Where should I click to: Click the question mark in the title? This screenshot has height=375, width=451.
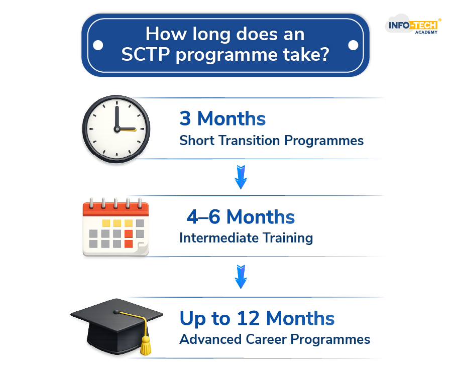[324, 54]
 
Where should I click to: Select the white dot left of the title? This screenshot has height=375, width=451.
[98, 45]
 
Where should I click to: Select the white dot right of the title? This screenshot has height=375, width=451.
[353, 45]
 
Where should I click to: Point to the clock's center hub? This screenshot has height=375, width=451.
[117, 129]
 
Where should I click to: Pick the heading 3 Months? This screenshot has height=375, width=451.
[222, 118]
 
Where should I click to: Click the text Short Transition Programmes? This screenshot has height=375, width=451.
[271, 141]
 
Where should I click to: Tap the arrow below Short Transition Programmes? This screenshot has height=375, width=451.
[241, 177]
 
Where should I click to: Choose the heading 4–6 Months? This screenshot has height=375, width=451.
[241, 217]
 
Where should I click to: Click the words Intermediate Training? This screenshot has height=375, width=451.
[246, 237]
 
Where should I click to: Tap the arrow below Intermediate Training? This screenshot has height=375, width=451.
[241, 276]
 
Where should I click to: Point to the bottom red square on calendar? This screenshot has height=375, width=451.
[128, 244]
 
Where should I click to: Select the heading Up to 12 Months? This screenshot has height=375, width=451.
[257, 318]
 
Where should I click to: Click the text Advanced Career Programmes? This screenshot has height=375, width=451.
[275, 339]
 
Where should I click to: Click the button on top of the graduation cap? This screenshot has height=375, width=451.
[116, 312]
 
